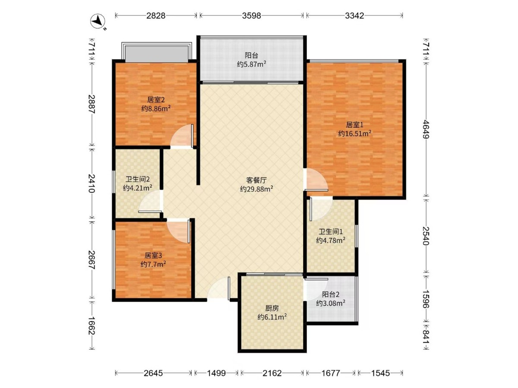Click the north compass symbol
point(98,22)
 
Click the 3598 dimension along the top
point(252,16)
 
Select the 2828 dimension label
point(156,16)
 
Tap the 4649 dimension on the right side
point(426,129)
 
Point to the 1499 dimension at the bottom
point(216,373)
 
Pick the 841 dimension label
point(426,335)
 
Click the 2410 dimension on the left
point(92,183)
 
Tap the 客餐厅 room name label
point(256,180)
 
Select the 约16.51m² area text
point(355,133)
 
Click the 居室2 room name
point(156,100)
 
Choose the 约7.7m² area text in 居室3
point(153,264)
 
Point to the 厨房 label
point(272,308)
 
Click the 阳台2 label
point(331,294)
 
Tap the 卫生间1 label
point(331,232)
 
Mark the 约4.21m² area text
point(137,188)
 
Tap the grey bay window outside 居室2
point(156,54)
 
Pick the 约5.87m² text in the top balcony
point(252,64)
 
